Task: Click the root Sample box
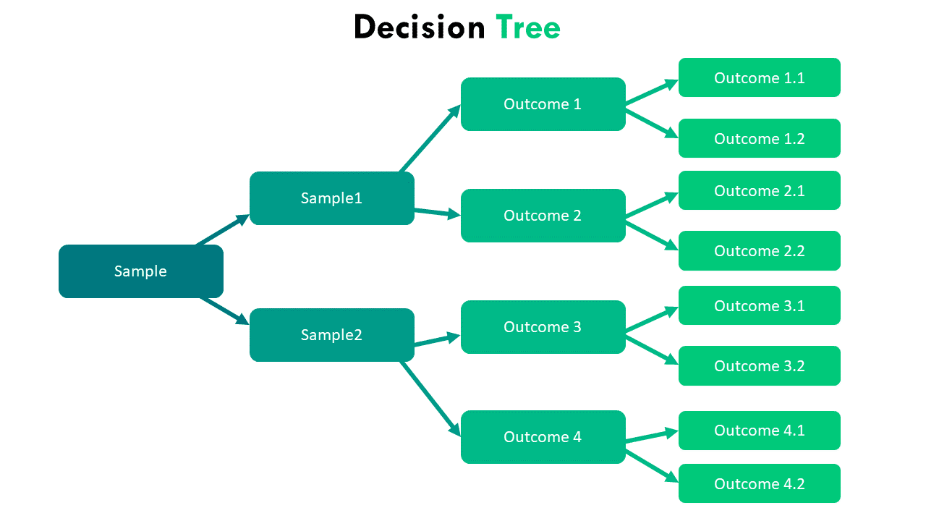140,271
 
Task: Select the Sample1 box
331,198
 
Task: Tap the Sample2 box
331,335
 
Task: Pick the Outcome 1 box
543,104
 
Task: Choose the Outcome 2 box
543,216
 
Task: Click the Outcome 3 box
543,327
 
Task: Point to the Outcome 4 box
543,437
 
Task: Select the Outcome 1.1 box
759,77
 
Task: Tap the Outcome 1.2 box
759,138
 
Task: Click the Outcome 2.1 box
759,190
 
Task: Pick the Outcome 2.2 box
759,251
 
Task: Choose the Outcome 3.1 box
759,305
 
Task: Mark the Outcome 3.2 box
759,365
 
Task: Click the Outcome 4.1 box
759,431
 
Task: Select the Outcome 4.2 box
759,483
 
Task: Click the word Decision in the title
420,27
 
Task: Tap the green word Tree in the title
528,27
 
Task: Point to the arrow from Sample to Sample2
224,310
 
